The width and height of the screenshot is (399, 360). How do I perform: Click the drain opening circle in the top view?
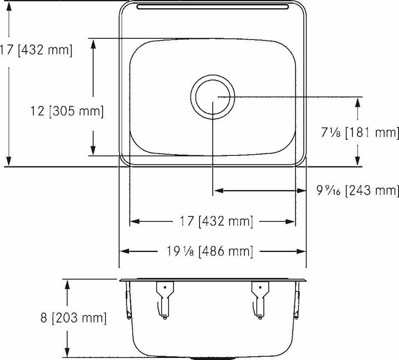[213, 97]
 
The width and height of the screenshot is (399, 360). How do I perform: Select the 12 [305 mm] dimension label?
[66, 111]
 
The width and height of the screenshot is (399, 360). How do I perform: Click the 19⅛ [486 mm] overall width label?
[213, 251]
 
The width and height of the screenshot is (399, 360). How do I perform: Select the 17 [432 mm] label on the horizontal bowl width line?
[213, 221]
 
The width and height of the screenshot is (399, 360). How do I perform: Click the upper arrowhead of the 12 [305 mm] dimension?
[94, 42]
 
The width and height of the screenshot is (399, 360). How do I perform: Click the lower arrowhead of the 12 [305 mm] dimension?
[94, 151]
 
